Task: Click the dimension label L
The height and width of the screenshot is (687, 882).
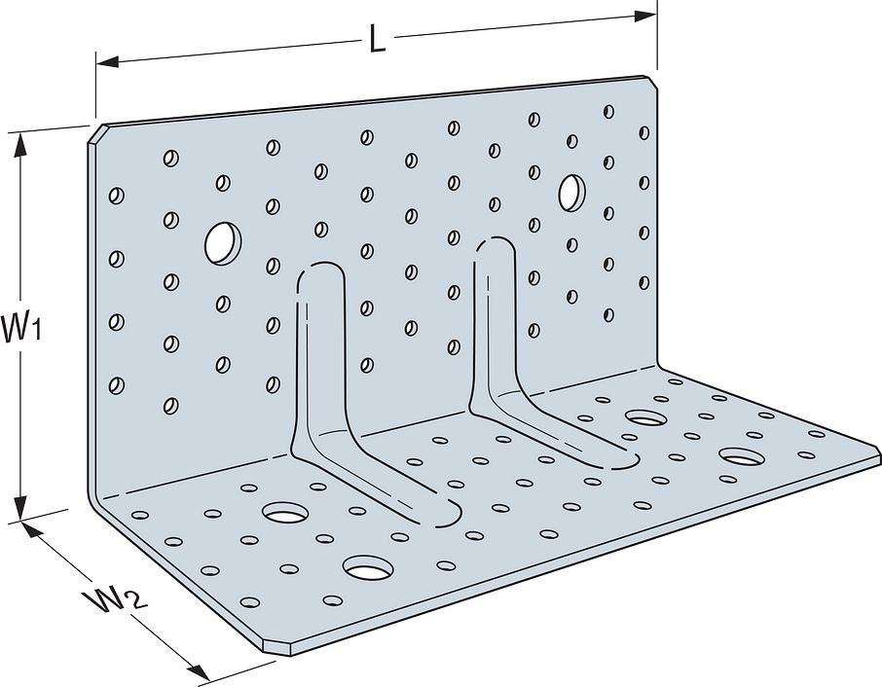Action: pos(378,40)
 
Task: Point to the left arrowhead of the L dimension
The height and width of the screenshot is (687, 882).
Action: pos(107,62)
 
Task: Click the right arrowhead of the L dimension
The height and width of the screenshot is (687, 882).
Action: pos(645,16)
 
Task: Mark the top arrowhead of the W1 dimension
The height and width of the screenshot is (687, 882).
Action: pos(21,144)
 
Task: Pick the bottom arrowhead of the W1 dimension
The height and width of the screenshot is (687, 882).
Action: pos(20,509)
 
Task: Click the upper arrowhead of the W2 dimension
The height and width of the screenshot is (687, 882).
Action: pos(33,529)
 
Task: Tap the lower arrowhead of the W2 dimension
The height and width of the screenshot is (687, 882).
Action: pos(198,671)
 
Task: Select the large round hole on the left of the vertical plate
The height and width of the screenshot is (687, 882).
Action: pos(223,243)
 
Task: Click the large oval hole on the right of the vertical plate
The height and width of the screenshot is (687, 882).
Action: pos(572,193)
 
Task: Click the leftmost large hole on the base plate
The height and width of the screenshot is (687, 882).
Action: pos(286,512)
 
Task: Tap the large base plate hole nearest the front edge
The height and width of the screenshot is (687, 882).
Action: pos(368,568)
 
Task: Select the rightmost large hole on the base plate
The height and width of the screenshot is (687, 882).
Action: pos(743,456)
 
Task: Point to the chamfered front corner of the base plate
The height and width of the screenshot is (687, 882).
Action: pos(276,648)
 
